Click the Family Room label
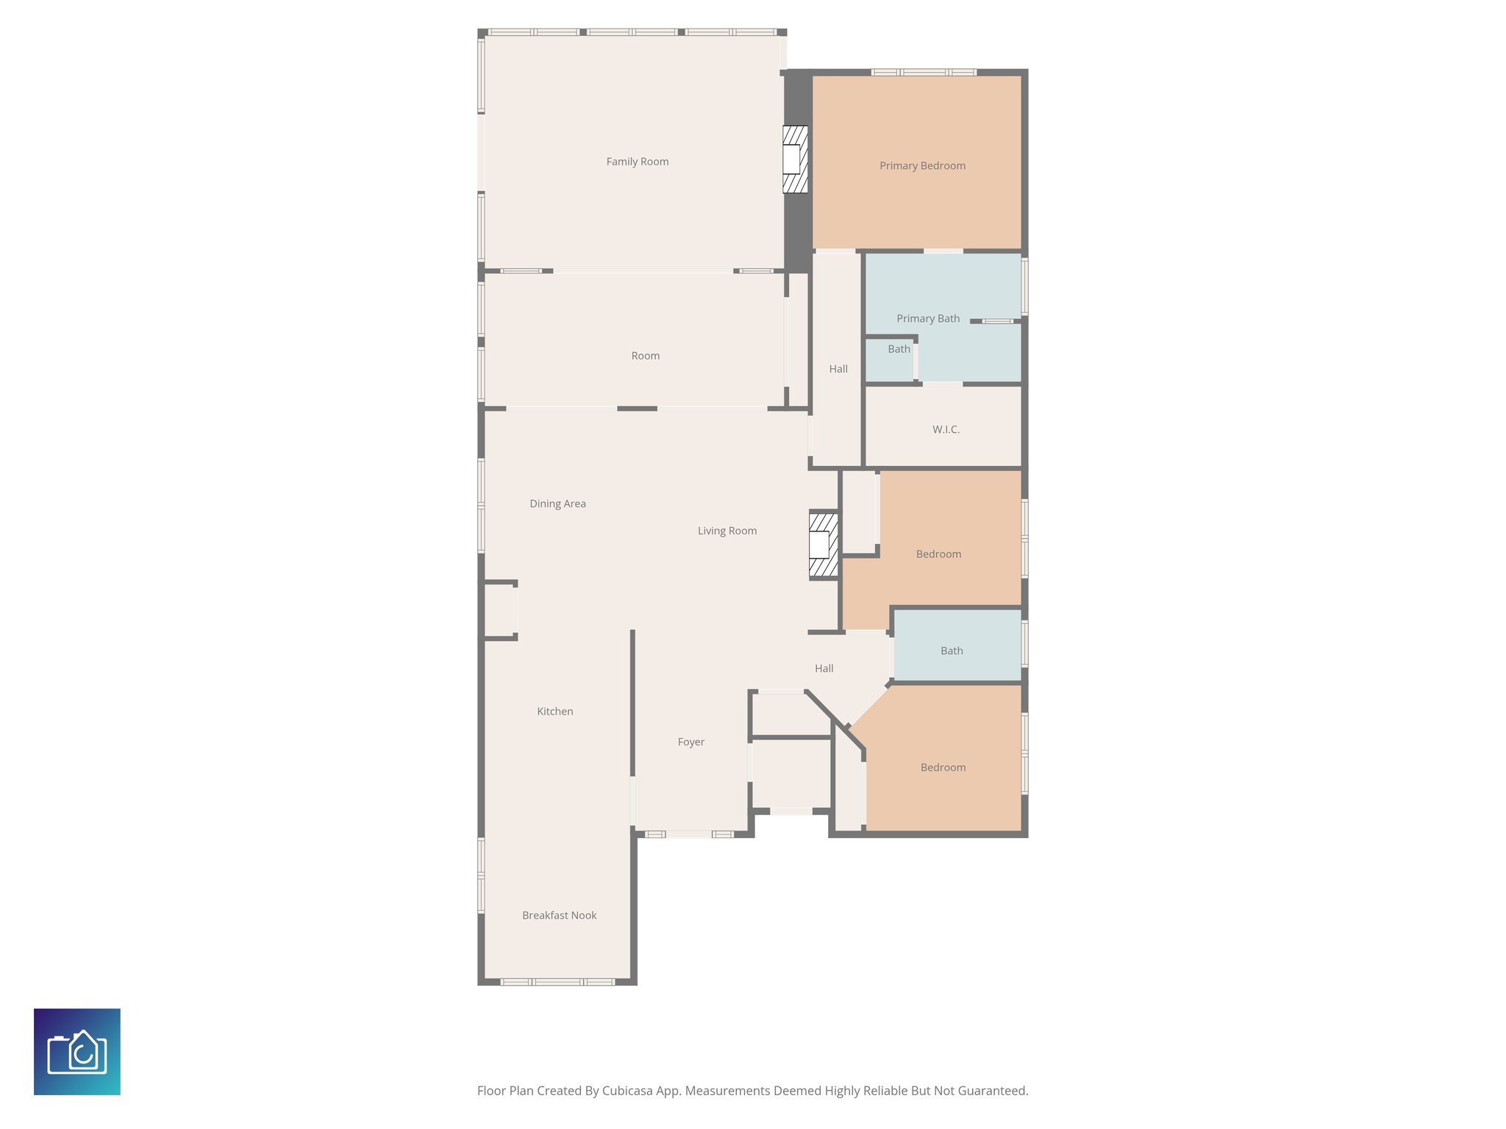(637, 162)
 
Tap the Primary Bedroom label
(922, 166)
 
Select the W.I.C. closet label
(946, 429)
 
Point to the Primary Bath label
(927, 318)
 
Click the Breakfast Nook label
(559, 915)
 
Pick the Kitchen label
(554, 712)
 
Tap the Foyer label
(690, 742)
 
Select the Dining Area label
(557, 503)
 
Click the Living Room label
(727, 531)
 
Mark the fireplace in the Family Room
(794, 160)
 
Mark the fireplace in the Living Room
(823, 545)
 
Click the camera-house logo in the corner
(77, 1052)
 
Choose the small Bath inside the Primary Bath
(899, 349)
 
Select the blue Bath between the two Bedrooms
(952, 650)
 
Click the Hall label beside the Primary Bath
(838, 369)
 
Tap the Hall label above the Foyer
(824, 668)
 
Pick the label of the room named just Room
(645, 356)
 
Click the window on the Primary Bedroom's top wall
(924, 72)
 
